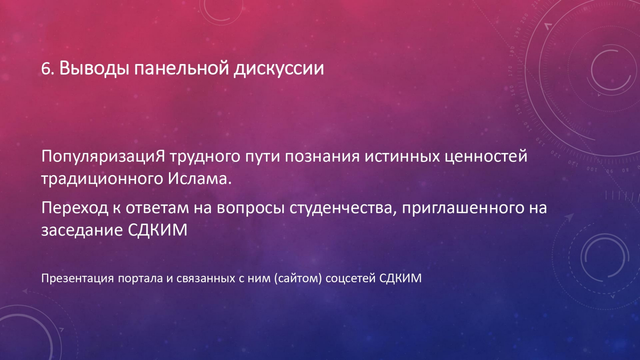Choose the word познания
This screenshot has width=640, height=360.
(322, 157)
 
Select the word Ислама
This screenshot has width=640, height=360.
(200, 179)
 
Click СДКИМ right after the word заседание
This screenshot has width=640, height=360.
(157, 230)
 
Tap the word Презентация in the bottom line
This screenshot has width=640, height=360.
(78, 278)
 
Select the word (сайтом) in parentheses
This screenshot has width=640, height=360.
(298, 278)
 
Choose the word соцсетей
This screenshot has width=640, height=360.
(350, 279)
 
